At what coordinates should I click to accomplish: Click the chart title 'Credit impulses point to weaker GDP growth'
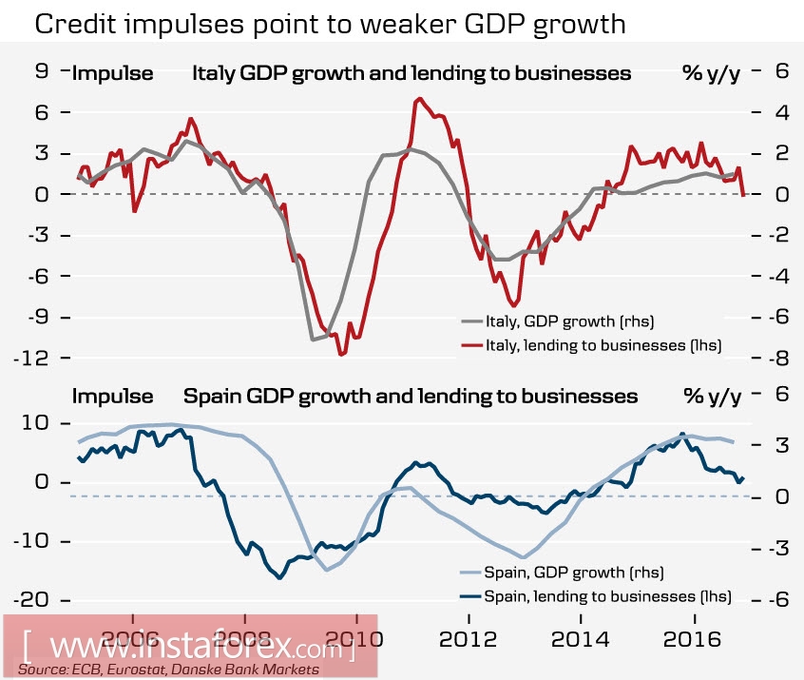330,25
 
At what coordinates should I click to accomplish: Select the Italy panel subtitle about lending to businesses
412,72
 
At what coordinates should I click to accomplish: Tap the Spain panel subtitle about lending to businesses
410,395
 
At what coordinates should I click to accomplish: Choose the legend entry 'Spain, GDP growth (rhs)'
573,573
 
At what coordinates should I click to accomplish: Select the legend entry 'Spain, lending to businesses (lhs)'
603,596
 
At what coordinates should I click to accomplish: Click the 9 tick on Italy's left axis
40,71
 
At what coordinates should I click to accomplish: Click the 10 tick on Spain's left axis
37,422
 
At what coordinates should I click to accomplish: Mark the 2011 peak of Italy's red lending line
418,99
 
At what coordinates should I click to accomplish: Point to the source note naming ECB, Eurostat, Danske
168,670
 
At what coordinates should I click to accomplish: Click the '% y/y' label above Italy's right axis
711,72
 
